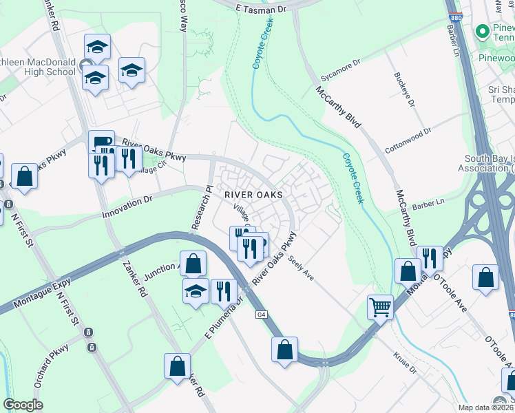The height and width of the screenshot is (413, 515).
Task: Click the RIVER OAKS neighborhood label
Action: click(x=253, y=195)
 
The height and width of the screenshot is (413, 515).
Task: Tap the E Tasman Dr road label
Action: click(x=262, y=9)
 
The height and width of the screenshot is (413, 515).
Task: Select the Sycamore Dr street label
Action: click(x=341, y=67)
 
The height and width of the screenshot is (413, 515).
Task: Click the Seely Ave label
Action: click(x=301, y=268)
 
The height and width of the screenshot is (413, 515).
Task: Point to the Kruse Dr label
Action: click(x=405, y=362)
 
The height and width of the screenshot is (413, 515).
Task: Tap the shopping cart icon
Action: click(x=380, y=306)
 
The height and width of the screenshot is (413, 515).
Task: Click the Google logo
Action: click(x=23, y=405)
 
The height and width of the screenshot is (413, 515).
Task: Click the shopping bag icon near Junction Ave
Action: click(x=195, y=263)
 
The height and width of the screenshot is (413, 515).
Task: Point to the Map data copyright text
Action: click(x=482, y=407)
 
